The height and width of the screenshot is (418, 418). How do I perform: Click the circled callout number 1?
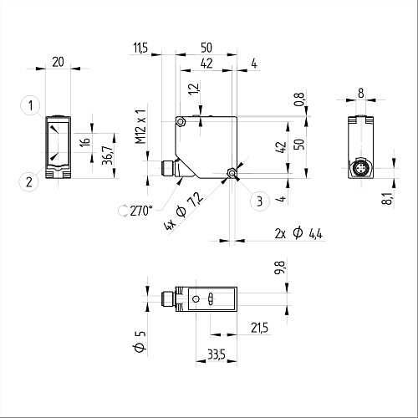coord(30,105)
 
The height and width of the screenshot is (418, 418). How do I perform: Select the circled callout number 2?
coord(28,182)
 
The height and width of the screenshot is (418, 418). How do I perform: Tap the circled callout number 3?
coord(260,201)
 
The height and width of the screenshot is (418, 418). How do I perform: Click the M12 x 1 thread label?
coord(141,126)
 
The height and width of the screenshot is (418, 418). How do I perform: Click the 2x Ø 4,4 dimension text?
coord(298,233)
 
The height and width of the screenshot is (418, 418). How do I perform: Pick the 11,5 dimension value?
coord(140,48)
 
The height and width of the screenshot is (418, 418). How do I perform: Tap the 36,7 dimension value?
coord(107,155)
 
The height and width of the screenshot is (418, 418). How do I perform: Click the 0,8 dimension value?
coord(298,99)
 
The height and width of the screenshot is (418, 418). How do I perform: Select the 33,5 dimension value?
coord(217,354)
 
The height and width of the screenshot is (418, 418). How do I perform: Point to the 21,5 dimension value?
coord(259,328)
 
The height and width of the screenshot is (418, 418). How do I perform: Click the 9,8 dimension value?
coord(279,268)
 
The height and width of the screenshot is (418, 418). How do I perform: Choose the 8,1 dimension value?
coord(387,198)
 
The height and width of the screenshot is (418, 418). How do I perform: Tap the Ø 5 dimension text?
coord(140,342)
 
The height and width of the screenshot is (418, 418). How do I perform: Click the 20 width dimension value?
coord(58,62)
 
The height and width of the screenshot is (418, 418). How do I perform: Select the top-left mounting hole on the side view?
coord(181,122)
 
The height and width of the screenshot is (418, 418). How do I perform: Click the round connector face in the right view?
coord(360,168)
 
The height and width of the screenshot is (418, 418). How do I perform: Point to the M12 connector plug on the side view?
coord(168,168)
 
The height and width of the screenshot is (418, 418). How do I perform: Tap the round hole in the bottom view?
coord(196,299)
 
